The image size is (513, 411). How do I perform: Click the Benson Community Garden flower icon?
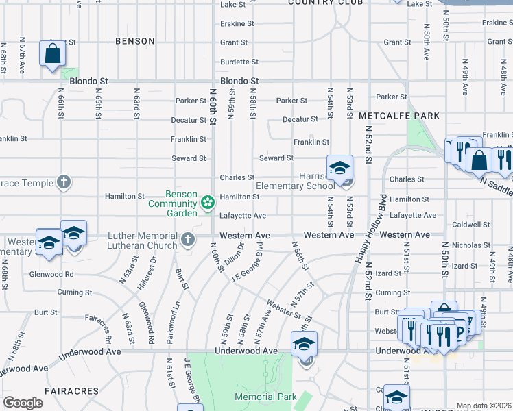click(x=206, y=202)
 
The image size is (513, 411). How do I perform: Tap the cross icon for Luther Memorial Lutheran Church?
click(x=189, y=240)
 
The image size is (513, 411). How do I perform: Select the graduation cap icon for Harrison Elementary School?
click(x=339, y=169)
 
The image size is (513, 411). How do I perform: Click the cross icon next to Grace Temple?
click(x=63, y=182)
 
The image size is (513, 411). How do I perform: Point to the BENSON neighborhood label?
click(x=135, y=41)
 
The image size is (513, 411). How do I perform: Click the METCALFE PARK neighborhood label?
click(x=399, y=116)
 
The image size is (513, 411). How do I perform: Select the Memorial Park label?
click(x=265, y=397)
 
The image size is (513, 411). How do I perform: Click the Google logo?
click(x=23, y=403)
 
